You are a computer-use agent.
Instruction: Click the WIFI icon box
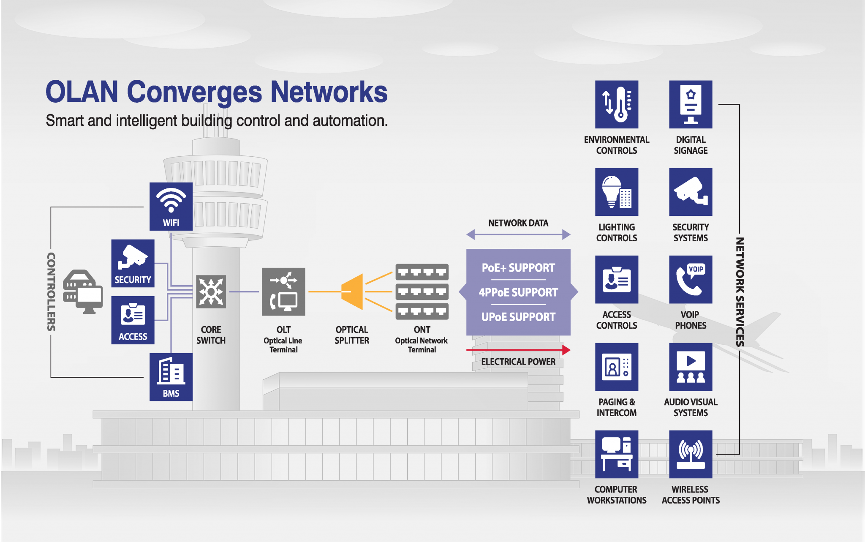(x=171, y=206)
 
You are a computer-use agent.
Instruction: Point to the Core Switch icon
(x=211, y=291)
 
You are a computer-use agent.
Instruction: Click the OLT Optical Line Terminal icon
(x=283, y=291)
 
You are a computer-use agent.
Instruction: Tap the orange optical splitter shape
(x=353, y=291)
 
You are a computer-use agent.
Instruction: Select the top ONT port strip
(x=422, y=272)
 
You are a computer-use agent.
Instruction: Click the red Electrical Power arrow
(x=518, y=350)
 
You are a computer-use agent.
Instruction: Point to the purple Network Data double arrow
(x=518, y=234)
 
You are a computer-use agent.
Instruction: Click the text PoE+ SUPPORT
(x=518, y=268)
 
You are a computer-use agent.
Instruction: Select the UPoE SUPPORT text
(x=518, y=317)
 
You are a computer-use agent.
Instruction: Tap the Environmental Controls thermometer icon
(x=617, y=104)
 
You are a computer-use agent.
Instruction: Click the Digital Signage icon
(x=691, y=104)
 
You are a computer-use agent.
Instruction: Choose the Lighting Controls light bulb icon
(x=617, y=192)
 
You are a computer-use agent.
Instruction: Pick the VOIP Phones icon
(x=691, y=279)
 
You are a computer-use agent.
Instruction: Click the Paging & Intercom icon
(x=617, y=367)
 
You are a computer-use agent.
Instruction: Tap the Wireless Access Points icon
(x=691, y=454)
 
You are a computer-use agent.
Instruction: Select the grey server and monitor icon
(x=83, y=291)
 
